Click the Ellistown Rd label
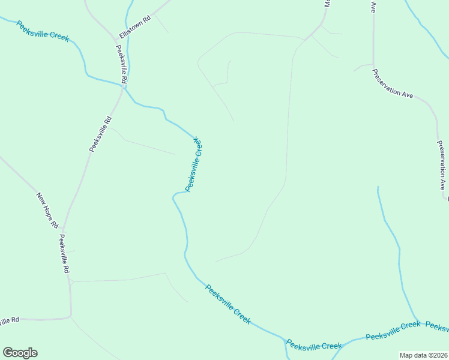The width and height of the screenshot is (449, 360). [135, 28]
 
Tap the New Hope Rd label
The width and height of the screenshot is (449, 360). [47, 210]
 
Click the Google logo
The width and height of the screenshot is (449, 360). [20, 353]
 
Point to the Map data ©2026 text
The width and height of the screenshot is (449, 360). [423, 355]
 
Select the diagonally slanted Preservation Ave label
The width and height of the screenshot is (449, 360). [393, 85]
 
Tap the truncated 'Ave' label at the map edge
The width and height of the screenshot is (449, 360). [373, 7]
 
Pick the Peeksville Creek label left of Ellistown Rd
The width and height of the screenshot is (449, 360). [43, 31]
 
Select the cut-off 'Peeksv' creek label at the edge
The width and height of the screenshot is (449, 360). [436, 326]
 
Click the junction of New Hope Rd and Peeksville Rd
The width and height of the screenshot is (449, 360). [62, 229]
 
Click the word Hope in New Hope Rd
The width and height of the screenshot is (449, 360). [49, 212]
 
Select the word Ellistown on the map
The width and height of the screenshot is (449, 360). [133, 29]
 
